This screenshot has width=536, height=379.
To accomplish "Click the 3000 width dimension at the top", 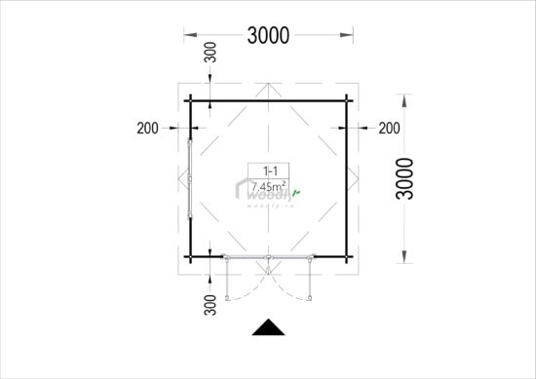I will click(268, 36).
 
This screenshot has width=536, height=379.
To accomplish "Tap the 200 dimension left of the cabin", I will click(149, 128).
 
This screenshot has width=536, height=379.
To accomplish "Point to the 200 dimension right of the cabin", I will click(389, 128).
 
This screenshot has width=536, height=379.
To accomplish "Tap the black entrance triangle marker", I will click(268, 328).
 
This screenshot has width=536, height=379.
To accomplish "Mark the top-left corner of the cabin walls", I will click(190, 101).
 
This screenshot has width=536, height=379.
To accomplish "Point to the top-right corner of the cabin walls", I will click(348, 101).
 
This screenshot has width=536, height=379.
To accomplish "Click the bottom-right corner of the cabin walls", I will click(348, 256).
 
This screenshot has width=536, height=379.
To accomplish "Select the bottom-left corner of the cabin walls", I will click(190, 256).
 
